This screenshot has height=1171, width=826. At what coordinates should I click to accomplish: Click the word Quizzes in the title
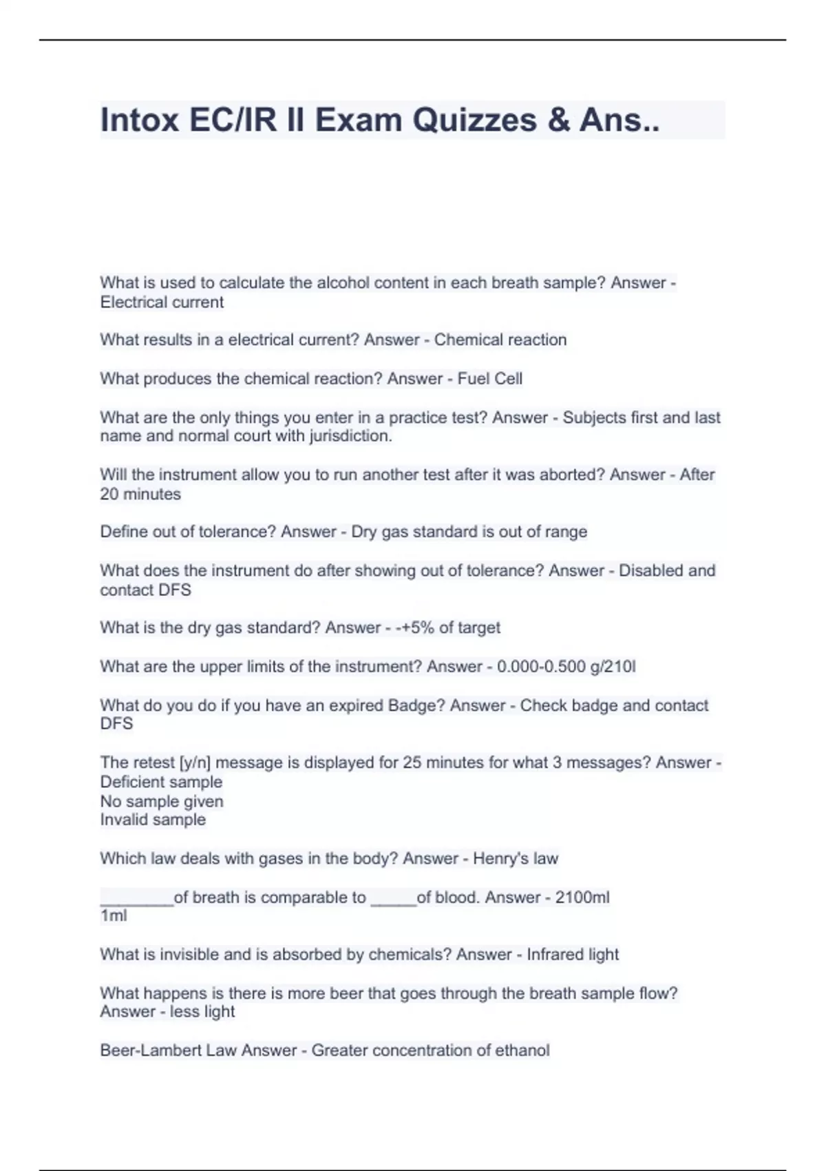pyautogui.click(x=474, y=121)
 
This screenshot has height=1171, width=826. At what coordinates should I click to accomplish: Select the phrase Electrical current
pyautogui.click(x=162, y=302)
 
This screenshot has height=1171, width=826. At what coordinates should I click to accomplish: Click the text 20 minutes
pyautogui.click(x=140, y=494)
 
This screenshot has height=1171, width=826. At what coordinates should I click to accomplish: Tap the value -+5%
pyautogui.click(x=415, y=628)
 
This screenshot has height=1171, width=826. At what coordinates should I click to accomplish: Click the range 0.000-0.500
pyautogui.click(x=541, y=667)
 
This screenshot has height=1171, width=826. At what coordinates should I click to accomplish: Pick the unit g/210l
pyautogui.click(x=613, y=667)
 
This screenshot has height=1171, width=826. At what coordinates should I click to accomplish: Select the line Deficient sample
pyautogui.click(x=161, y=782)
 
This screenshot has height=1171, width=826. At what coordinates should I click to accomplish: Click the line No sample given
pyautogui.click(x=162, y=801)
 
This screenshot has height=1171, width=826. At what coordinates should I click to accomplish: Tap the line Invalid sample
pyautogui.click(x=153, y=820)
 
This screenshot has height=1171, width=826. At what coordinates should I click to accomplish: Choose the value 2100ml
pyautogui.click(x=582, y=898)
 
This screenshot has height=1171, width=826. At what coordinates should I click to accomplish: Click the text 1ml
pyautogui.click(x=114, y=915)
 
